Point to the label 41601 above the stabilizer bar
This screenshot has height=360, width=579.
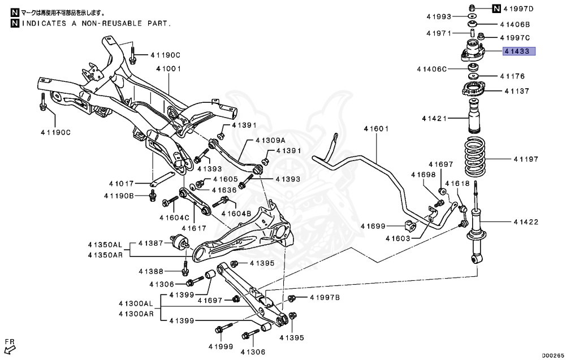point(376,129)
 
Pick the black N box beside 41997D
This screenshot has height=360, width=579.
point(496,8)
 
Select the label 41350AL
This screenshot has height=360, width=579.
point(105,245)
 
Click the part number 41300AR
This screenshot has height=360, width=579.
point(136,314)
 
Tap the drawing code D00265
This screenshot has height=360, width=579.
point(554,355)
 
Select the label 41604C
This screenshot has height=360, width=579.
point(174,217)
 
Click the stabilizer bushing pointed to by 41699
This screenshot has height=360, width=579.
point(412,225)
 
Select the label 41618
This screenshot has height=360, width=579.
point(457,184)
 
